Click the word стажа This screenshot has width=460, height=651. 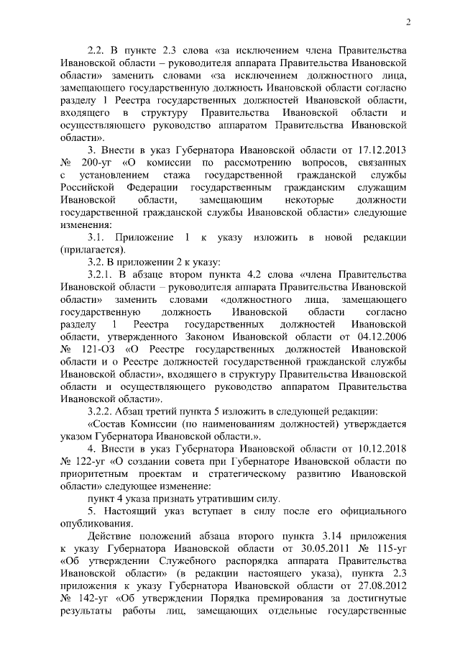[x=182, y=176]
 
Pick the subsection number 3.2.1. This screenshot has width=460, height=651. [x=101, y=275]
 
